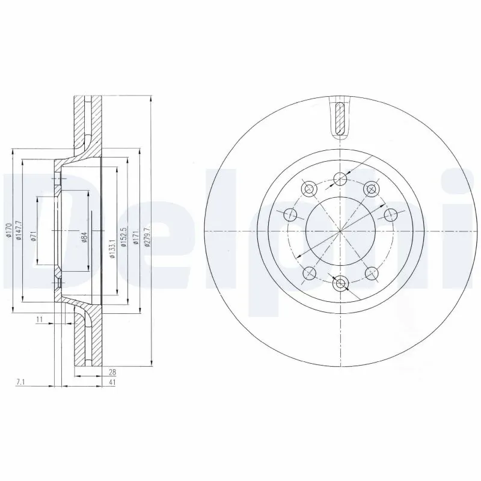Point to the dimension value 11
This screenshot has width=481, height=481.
click(39, 319)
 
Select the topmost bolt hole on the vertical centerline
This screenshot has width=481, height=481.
click(340, 177)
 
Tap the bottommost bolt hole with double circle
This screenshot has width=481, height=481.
click(340, 283)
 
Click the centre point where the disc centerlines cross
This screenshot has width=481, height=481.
click(340, 231)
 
